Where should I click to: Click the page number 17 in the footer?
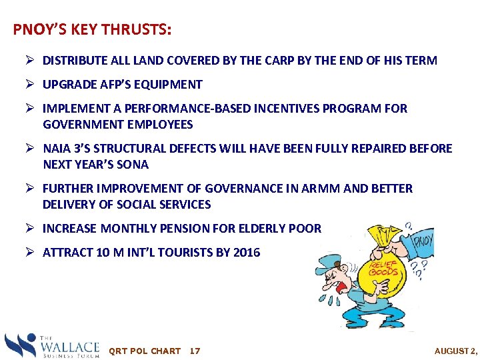195,351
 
